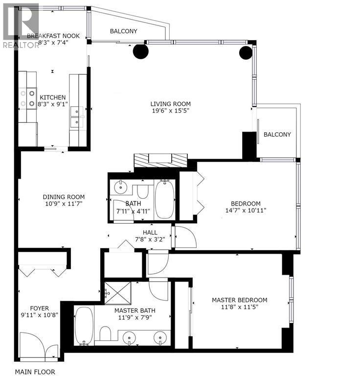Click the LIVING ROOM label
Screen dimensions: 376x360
point(170,104)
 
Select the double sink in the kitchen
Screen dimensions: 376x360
point(76,117)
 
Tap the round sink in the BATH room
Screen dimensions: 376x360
point(120,187)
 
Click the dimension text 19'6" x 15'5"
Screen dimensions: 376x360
point(170,111)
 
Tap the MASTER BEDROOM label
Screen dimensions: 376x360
point(239,300)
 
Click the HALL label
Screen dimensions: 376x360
point(150,232)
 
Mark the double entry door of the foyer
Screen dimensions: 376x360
point(41,343)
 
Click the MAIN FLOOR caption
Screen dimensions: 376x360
point(35,372)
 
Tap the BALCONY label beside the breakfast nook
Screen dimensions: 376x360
point(123,31)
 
